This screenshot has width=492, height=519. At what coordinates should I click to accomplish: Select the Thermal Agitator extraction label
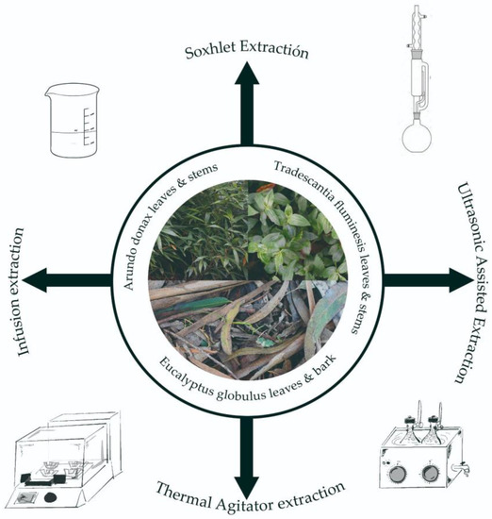[247, 489]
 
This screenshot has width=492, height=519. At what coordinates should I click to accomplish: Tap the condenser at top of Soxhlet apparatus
[418, 33]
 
